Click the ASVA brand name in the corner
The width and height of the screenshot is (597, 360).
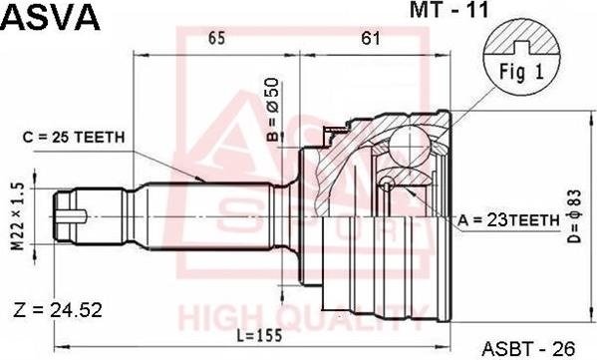click(x=50, y=17)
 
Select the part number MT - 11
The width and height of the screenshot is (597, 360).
click(x=448, y=10)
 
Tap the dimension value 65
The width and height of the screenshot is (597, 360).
click(x=216, y=39)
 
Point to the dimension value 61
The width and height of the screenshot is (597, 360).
click(x=370, y=39)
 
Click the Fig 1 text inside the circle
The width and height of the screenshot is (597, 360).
click(x=521, y=72)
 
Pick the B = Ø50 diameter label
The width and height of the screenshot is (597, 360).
click(x=273, y=110)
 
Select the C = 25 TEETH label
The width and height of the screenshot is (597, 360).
click(x=74, y=138)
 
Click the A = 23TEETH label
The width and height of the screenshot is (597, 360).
click(x=508, y=219)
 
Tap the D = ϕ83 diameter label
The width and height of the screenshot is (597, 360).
click(x=576, y=216)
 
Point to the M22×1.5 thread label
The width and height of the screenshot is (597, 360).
click(x=18, y=216)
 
